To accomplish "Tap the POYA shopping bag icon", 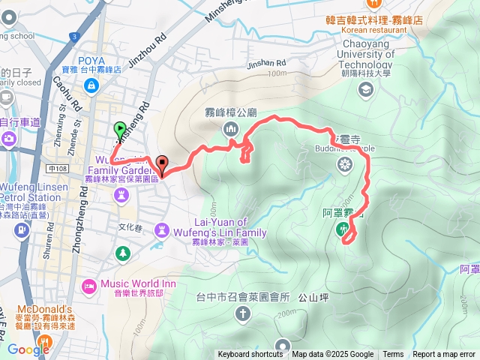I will pyautogui.click(x=91, y=86).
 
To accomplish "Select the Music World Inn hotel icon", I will pyautogui.click(x=89, y=284).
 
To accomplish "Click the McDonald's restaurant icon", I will pyautogui.click(x=46, y=343).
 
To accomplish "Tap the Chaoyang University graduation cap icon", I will pyautogui.click(x=366, y=91).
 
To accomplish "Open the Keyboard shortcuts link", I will pyautogui.click(x=250, y=355).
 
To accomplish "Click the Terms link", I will pyautogui.click(x=393, y=355).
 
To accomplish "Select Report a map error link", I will pyautogui.click(x=445, y=355).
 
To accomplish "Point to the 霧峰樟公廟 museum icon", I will pyautogui.click(x=231, y=128).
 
